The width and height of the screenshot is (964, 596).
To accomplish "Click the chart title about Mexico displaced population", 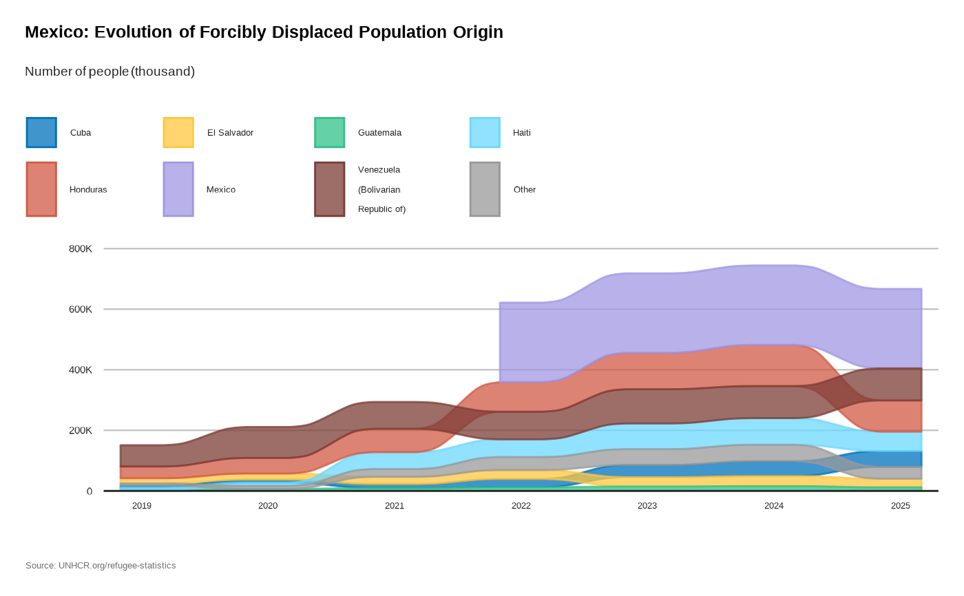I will click(264, 32).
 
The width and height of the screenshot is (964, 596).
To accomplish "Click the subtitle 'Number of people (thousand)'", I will click(109, 72).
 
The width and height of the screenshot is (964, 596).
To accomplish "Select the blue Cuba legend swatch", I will click(41, 133).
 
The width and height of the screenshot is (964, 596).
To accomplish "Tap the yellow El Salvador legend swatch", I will click(178, 133).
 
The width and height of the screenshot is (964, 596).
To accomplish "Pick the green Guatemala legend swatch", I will click(329, 133).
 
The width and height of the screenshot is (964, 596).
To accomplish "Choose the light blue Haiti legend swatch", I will click(485, 133).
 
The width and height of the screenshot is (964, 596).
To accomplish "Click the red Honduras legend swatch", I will click(41, 189).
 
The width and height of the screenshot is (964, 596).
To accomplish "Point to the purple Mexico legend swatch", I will click(178, 189).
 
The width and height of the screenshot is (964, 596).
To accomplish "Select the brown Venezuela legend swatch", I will click(329, 189).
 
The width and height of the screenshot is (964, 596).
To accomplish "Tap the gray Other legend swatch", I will click(485, 189).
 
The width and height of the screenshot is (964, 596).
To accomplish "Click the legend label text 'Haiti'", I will click(521, 133).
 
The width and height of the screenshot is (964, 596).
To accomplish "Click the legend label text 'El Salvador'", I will click(230, 133).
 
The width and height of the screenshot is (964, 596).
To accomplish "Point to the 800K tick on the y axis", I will click(81, 248).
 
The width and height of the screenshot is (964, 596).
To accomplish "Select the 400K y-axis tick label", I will click(81, 370).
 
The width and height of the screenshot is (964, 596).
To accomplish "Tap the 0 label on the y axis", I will click(90, 491).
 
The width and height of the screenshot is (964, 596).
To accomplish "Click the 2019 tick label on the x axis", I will click(142, 506).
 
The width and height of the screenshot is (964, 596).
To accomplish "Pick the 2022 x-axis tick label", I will click(521, 506).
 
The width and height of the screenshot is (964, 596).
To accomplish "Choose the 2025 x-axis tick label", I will click(900, 506).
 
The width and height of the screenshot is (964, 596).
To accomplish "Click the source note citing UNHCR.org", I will click(101, 566).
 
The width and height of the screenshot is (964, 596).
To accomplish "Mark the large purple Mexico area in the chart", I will click(689, 310).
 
